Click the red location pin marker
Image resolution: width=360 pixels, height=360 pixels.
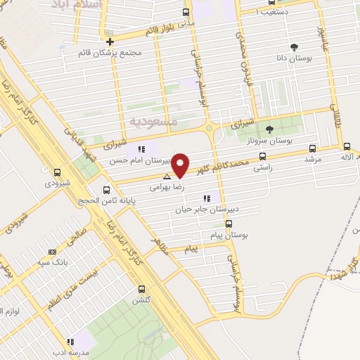[181, 165]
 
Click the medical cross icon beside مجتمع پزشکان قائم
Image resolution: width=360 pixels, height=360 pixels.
[110, 41]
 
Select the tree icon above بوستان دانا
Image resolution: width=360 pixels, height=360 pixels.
[294, 47]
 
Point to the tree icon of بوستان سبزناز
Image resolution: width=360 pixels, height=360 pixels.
[270, 129]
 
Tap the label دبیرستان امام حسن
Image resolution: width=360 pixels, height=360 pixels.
[138, 160]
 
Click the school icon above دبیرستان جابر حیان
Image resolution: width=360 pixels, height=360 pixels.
[206, 198]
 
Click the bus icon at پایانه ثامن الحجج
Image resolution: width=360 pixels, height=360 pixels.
[107, 189]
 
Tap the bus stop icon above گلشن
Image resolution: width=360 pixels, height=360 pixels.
[142, 289]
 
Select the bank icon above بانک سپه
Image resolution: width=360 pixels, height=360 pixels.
[51, 252]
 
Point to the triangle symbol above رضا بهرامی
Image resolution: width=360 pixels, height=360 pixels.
[166, 176]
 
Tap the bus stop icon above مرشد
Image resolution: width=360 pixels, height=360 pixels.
[312, 148]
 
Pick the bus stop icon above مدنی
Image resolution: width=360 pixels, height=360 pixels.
[186, 12]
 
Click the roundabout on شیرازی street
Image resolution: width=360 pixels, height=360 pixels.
[210, 127]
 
